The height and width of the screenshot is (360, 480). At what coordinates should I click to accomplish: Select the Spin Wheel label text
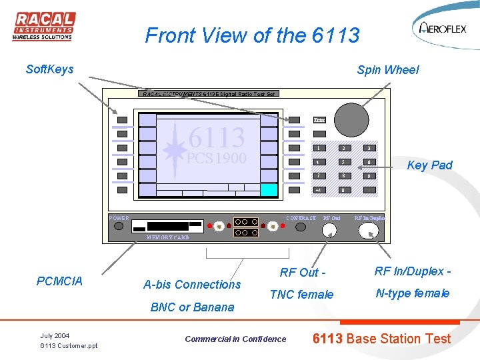(387, 70)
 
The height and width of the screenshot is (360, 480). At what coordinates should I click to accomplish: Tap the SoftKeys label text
(49, 69)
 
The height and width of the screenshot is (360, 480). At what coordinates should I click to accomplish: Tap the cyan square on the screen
(269, 190)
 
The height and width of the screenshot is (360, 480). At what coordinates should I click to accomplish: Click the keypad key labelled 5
(343, 162)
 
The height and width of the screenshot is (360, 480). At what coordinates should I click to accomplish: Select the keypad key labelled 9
(367, 176)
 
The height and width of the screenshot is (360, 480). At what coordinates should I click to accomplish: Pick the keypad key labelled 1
(319, 148)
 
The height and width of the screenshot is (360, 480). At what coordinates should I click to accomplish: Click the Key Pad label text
(429, 165)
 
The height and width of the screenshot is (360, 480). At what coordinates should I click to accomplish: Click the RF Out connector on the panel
(329, 231)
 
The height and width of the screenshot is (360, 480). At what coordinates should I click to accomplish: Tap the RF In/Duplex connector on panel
(368, 231)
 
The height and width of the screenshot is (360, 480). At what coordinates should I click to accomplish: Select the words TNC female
(301, 294)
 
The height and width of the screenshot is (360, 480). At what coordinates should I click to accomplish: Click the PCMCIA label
(60, 281)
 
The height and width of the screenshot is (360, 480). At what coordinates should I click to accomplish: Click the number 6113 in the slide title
(335, 35)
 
